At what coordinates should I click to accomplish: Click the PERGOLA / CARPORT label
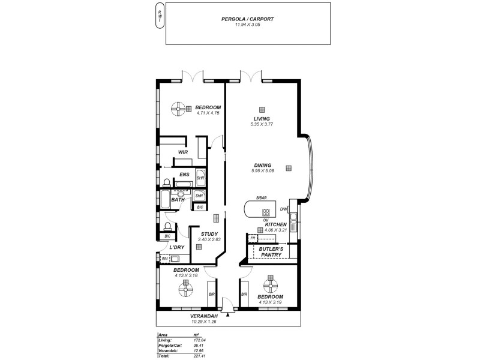(x=247, y=19)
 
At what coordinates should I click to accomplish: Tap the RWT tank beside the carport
(x=159, y=16)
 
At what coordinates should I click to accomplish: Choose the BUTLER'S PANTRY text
(x=271, y=251)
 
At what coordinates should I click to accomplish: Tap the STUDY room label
(x=209, y=234)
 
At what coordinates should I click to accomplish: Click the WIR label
(x=183, y=152)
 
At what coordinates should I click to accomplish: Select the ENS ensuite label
(x=184, y=175)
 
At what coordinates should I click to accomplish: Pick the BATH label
(x=178, y=200)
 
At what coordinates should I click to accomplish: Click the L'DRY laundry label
(x=176, y=247)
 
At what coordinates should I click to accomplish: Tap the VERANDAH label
(x=203, y=316)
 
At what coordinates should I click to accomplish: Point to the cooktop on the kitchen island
(x=266, y=212)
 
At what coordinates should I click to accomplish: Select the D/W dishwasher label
(x=283, y=209)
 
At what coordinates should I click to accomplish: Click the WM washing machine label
(x=163, y=259)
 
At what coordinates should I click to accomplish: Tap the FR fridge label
(x=253, y=238)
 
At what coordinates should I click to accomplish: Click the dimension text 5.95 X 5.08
(x=263, y=172)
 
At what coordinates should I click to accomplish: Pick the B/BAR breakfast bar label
(x=260, y=198)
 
